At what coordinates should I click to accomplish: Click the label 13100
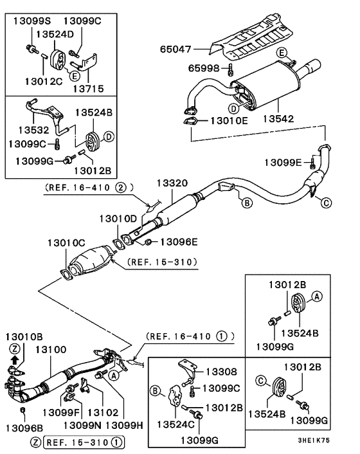[x=50, y=349]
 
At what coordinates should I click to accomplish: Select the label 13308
[x=221, y=371]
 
